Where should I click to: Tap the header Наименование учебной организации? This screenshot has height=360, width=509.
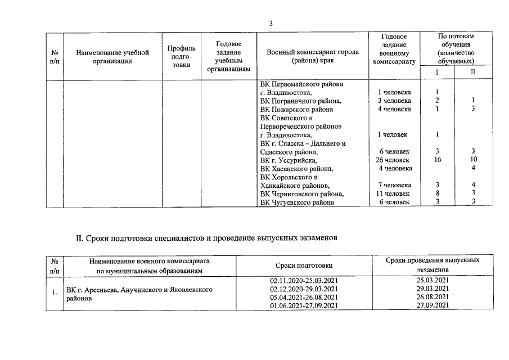click(112, 57)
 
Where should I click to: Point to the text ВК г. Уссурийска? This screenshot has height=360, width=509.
click(289, 160)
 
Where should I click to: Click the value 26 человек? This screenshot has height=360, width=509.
click(393, 160)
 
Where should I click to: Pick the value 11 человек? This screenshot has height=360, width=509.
click(393, 193)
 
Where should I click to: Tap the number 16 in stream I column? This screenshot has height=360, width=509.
click(437, 160)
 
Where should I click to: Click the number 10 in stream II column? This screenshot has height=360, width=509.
click(473, 160)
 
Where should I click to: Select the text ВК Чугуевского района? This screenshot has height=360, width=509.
click(297, 202)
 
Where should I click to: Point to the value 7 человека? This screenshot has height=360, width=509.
click(394, 185)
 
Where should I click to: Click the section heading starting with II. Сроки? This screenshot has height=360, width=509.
click(206, 238)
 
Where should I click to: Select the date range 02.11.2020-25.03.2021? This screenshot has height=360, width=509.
click(304, 280)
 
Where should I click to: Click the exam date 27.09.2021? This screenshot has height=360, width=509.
click(433, 305)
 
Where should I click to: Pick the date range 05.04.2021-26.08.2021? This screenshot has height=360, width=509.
click(304, 296)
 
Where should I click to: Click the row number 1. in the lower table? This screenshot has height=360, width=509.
click(54, 292)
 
